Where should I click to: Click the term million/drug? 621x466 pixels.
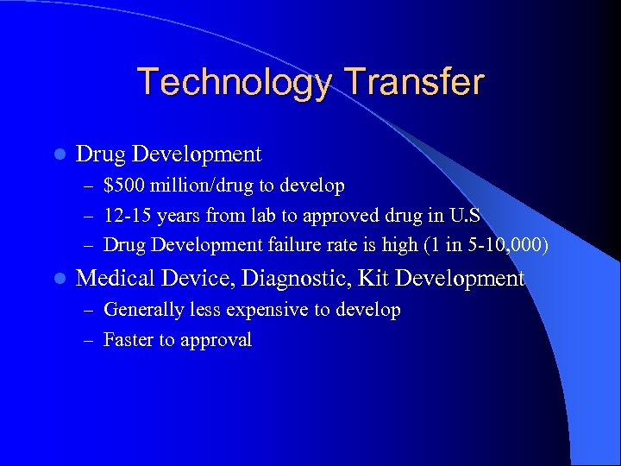[200, 186]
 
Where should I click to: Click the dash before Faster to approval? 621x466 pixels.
[88, 340]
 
